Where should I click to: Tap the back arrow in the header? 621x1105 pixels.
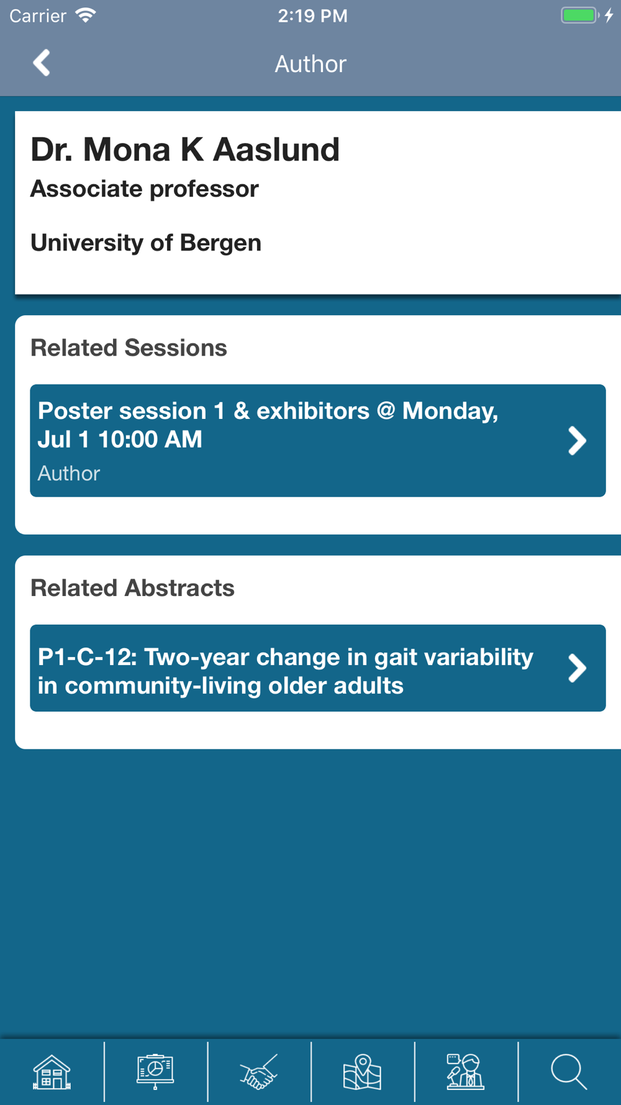pyautogui.click(x=42, y=63)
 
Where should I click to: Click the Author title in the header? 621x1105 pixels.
pyautogui.click(x=310, y=64)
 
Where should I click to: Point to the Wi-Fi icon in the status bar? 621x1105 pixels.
pyautogui.click(x=86, y=15)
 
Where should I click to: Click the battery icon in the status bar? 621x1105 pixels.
pyautogui.click(x=580, y=15)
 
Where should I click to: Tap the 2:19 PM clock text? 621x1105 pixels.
pyautogui.click(x=312, y=16)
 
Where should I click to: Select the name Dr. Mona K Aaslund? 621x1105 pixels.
pyautogui.click(x=185, y=149)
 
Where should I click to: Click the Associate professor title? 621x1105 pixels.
pyautogui.click(x=145, y=189)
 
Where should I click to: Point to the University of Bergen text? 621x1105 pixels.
pyautogui.click(x=146, y=242)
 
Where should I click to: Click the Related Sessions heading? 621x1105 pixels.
pyautogui.click(x=129, y=347)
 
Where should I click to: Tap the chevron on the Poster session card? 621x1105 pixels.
pyautogui.click(x=577, y=441)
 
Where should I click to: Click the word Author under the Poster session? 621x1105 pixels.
pyautogui.click(x=69, y=474)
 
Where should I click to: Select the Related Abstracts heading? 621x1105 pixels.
pyautogui.click(x=132, y=588)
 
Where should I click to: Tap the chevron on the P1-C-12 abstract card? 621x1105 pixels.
pyautogui.click(x=577, y=668)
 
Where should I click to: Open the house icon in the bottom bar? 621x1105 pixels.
pyautogui.click(x=52, y=1072)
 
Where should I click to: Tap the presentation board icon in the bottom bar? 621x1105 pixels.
pyautogui.click(x=155, y=1072)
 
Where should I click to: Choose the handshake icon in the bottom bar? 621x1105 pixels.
pyautogui.click(x=259, y=1072)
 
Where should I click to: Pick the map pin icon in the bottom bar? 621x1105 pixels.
pyautogui.click(x=362, y=1072)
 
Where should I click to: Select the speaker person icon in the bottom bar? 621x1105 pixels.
pyautogui.click(x=465, y=1072)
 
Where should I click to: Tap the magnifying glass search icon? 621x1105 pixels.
pyautogui.click(x=569, y=1072)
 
